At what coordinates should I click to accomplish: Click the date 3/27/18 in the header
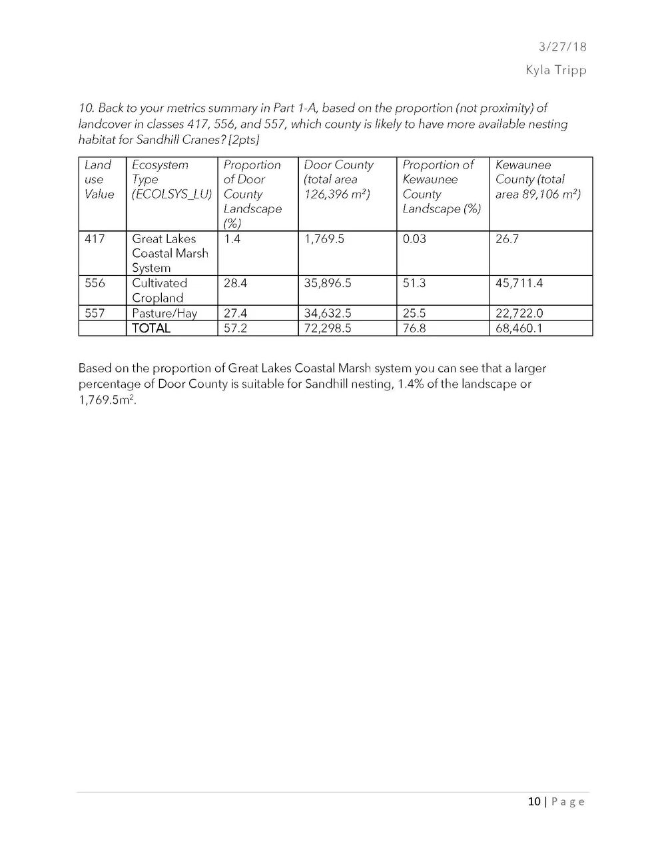[x=562, y=47]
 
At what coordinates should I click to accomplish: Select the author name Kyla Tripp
[x=555, y=70]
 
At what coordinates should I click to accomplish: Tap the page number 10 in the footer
[x=534, y=801]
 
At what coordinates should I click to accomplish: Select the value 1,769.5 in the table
[x=324, y=238]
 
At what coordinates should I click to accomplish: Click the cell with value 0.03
[x=414, y=238]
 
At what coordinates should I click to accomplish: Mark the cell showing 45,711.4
[x=519, y=283]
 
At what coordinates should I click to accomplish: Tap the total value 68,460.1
[x=519, y=328]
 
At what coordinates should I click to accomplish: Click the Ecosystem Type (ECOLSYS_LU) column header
[x=171, y=179]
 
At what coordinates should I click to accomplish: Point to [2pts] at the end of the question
[x=244, y=141]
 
